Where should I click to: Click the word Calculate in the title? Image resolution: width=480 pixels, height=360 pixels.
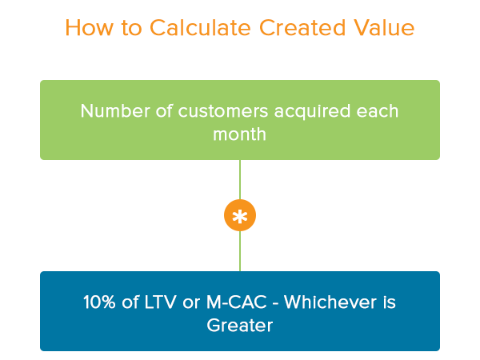[x=200, y=27]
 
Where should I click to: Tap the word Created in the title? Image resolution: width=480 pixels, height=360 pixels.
[x=302, y=27]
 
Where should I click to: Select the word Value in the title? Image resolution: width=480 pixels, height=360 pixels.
[x=384, y=27]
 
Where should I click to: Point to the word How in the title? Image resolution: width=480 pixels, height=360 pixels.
[x=89, y=27]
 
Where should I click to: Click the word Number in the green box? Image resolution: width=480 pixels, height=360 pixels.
[x=115, y=110]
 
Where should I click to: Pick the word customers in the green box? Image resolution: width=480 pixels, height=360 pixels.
[x=223, y=111]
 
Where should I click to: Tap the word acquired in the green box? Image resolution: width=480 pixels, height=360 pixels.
[x=312, y=112]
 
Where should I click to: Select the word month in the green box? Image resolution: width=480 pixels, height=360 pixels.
[x=240, y=134]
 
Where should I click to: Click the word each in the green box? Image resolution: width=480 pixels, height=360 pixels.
[x=377, y=110]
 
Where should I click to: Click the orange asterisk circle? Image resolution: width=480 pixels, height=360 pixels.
[x=240, y=215]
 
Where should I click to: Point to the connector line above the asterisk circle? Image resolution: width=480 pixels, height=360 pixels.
[x=240, y=179]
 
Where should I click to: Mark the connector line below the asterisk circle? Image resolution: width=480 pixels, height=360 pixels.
[x=240, y=251]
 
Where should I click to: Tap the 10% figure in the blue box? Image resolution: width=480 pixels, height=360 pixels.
[x=99, y=302]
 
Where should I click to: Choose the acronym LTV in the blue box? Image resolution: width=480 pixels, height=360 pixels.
[x=160, y=302]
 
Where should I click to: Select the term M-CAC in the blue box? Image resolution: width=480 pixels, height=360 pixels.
[x=237, y=302]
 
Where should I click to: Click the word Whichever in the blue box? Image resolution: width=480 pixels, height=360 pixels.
[x=330, y=302]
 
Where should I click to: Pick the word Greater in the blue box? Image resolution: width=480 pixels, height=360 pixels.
[x=240, y=325]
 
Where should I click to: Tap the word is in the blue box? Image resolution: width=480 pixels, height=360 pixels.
[x=389, y=302]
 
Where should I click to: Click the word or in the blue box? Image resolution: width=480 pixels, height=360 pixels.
[x=191, y=303]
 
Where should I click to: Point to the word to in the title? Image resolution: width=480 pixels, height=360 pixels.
[x=132, y=28]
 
